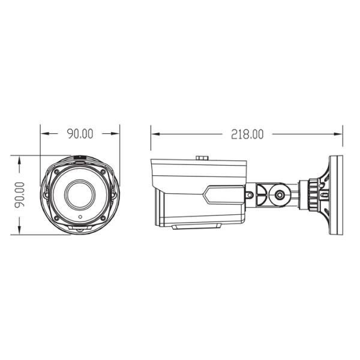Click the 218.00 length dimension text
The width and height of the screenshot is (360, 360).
tap(247, 134)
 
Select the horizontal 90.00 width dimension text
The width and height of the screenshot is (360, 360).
tap(80, 134)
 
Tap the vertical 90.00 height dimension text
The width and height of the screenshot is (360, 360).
tap(20, 194)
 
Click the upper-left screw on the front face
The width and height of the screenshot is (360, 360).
tap(56, 171)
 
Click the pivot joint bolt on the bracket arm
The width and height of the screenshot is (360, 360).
tap(279, 194)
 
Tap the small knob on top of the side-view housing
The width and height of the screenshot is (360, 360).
tap(202, 158)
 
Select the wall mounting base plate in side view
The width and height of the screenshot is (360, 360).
tap(335, 194)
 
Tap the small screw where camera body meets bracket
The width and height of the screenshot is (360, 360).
tap(248, 194)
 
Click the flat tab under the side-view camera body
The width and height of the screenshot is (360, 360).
tap(196, 226)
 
